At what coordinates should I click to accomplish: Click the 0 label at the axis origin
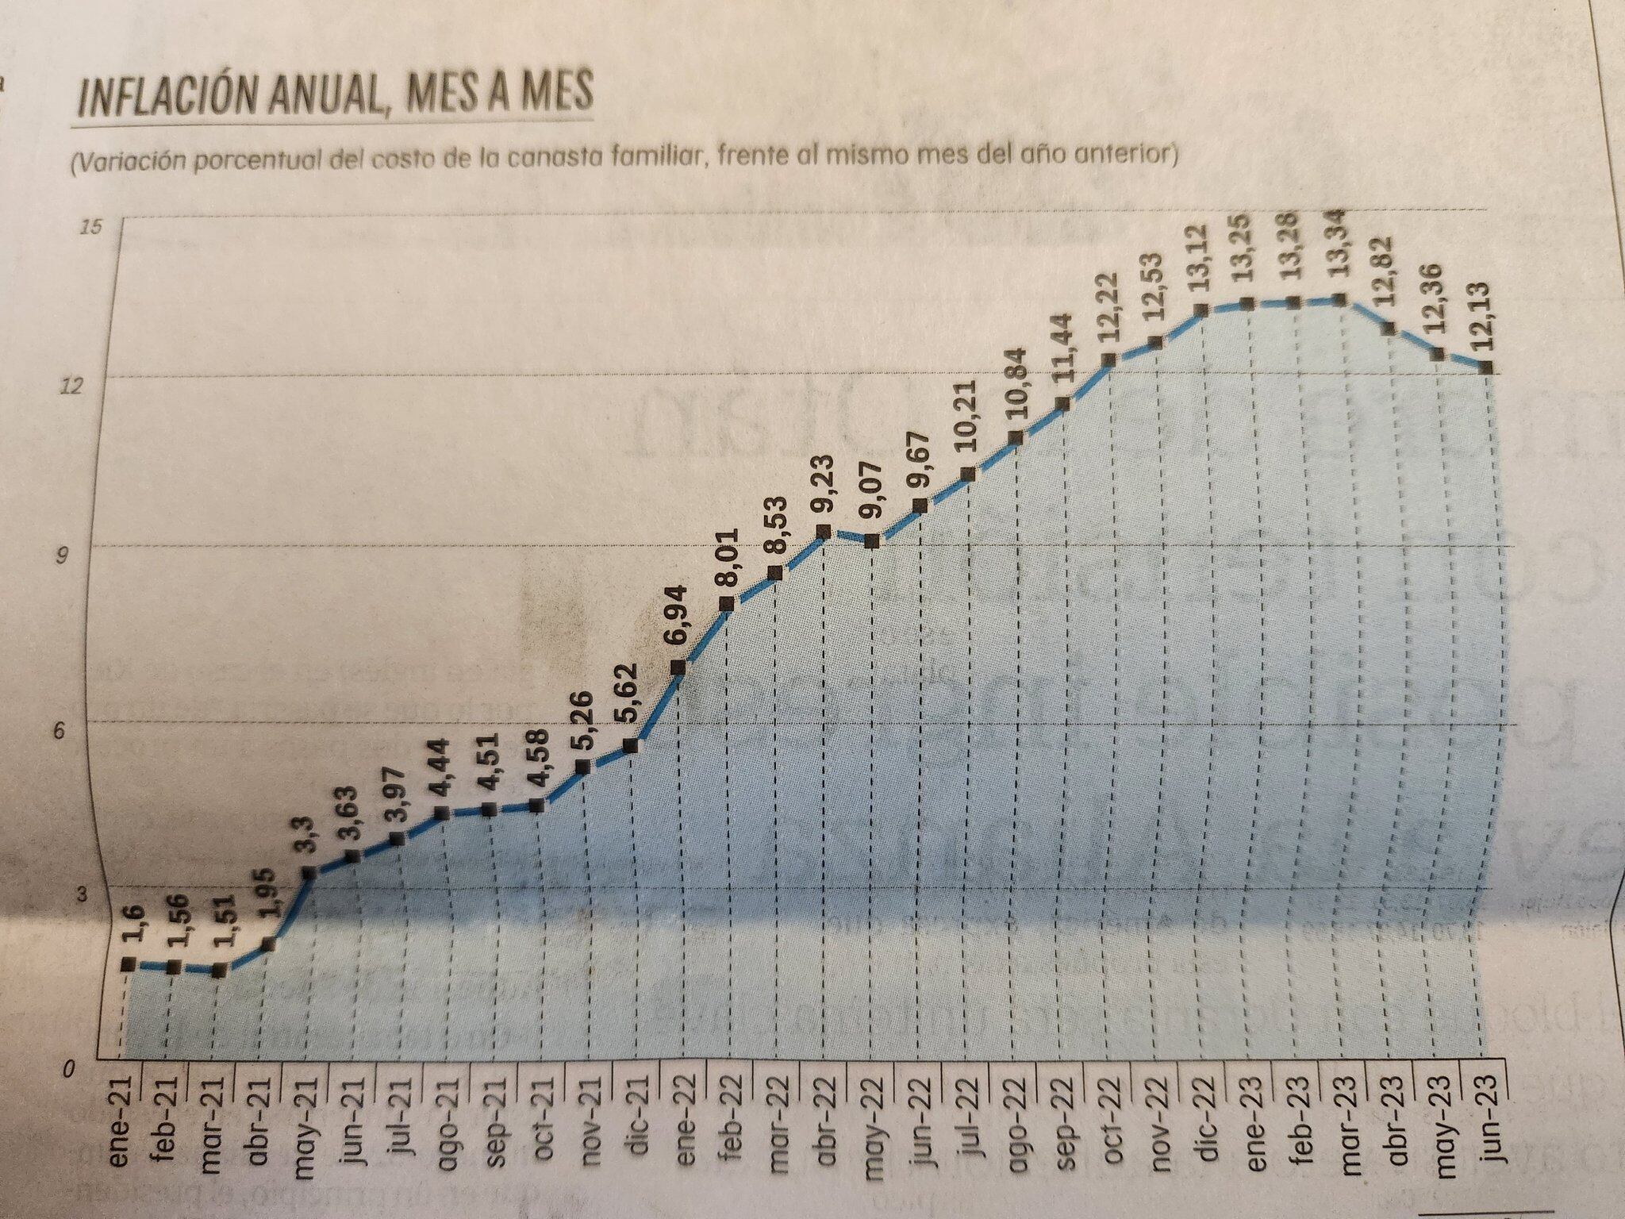pos(70,1071)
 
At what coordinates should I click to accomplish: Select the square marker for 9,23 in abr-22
pos(824,531)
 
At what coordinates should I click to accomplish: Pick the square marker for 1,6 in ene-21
pos(127,964)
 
